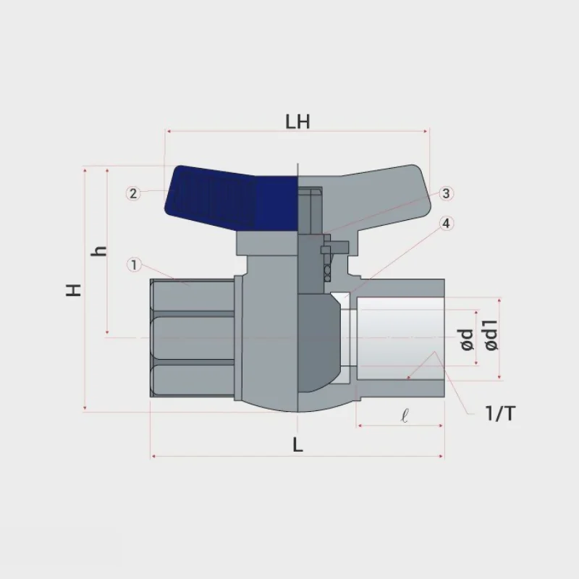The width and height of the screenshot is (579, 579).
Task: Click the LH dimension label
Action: (x=297, y=122)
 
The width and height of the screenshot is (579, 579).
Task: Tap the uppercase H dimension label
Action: (x=74, y=290)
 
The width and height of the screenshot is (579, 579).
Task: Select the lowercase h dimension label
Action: (x=99, y=251)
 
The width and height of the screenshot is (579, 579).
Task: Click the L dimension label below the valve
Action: (x=297, y=445)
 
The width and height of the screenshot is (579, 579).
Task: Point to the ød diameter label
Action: (x=467, y=340)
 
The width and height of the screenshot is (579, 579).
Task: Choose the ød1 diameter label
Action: (x=491, y=335)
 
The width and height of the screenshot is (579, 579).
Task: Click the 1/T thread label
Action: (x=500, y=413)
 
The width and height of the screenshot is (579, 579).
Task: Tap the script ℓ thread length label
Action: (x=405, y=416)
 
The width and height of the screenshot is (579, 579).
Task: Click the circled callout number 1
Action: (x=134, y=264)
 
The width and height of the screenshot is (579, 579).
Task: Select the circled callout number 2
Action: (x=133, y=193)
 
